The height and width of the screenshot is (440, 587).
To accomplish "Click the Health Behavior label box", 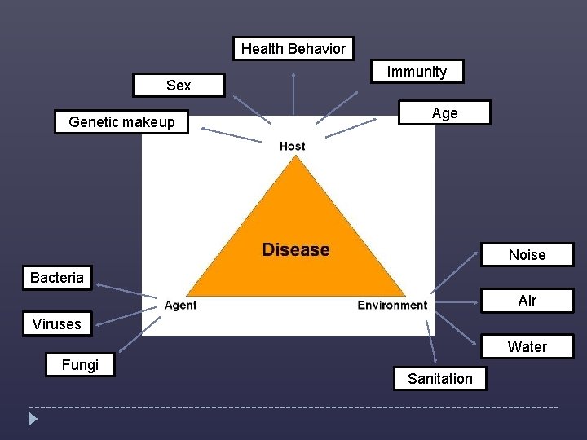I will pos(293,49).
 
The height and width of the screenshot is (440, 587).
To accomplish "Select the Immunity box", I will pos(417,72).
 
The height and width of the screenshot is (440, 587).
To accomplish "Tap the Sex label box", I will pos(179,86).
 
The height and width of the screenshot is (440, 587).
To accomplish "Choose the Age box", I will pos(444,113).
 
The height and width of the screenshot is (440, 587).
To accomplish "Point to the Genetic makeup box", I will pos(121,122).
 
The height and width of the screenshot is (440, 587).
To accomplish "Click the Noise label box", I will pos(527,255).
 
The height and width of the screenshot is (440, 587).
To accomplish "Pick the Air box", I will pos(527,301).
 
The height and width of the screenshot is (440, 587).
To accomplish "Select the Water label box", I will pos(527,347).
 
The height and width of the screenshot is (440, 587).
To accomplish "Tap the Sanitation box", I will pos(439,379).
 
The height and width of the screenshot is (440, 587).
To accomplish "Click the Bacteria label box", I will pos(57,278).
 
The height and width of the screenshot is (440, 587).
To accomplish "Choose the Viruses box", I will pos(57,324).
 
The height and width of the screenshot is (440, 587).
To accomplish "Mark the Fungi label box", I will pos(80,365).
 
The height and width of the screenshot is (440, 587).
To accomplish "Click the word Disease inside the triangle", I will pos(295,249).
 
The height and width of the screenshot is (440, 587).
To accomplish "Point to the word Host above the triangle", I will pos(292,146).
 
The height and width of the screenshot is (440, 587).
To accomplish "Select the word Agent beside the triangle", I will pos(180,306).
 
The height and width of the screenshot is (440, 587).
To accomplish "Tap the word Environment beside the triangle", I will pos(392,306).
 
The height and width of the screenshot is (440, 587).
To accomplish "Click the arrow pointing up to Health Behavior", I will pos(293,98).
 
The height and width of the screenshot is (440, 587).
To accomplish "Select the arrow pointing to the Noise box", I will pos(453,272).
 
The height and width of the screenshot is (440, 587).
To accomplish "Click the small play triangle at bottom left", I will pos(33,420).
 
